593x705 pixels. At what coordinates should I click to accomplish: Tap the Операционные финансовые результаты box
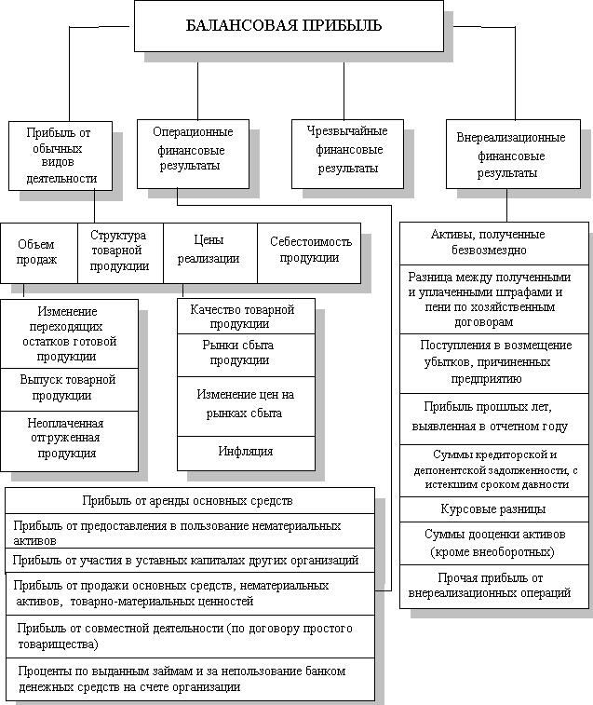[193, 150]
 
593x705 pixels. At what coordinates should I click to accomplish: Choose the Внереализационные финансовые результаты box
[510, 155]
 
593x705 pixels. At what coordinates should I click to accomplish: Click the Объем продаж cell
[38, 252]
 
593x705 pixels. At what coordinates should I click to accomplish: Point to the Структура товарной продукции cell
[120, 251]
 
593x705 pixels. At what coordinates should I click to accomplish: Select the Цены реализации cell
[209, 251]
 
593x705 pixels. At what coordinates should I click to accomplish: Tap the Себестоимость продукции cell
[310, 251]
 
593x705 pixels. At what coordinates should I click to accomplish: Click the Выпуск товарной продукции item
[68, 388]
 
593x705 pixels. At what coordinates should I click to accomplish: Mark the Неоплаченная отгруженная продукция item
[68, 438]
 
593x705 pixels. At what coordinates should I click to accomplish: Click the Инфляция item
[246, 451]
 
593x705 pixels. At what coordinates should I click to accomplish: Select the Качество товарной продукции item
[242, 317]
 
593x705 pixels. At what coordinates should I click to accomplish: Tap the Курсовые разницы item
[493, 509]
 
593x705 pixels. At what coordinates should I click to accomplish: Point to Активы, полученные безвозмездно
[493, 242]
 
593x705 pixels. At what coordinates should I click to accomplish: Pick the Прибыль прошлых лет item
[493, 417]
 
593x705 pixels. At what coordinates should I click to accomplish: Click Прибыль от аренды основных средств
[189, 500]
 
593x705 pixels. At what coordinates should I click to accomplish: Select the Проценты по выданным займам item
[189, 680]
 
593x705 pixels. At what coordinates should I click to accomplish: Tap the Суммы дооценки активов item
[493, 543]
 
